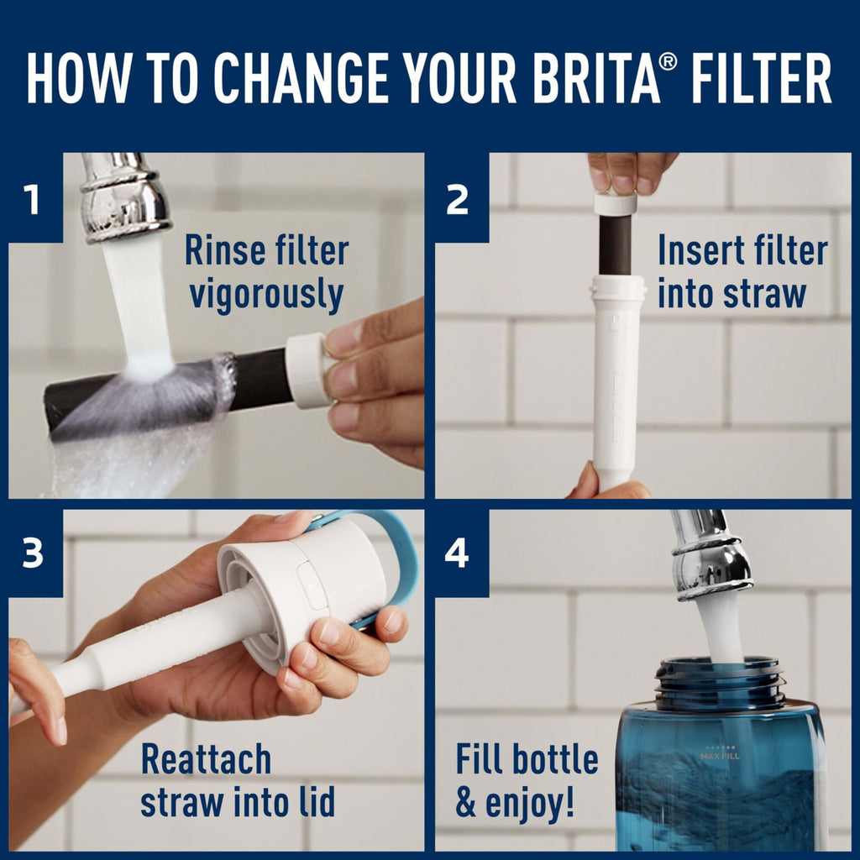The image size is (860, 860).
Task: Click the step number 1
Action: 32,201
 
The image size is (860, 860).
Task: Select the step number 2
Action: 457,201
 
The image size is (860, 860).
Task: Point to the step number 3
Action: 32,556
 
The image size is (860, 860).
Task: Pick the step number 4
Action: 457,556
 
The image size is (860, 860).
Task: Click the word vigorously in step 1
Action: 265,296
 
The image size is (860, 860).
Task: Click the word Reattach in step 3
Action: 206,759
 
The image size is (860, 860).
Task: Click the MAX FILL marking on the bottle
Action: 720,756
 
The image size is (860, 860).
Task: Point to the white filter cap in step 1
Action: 307,370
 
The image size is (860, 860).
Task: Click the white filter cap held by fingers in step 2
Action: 616,204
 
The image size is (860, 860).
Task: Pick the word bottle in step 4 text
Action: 555,759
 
